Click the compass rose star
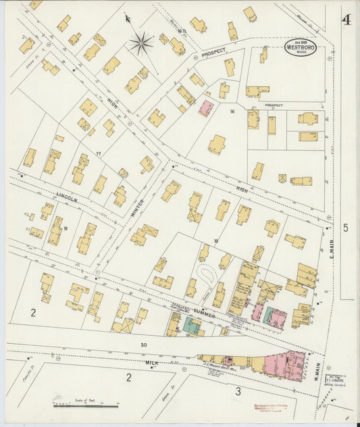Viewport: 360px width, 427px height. click(141, 44)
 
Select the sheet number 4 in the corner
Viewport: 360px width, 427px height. click(346, 20)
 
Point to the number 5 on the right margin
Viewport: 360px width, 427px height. click(345, 228)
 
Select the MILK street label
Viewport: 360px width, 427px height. click(152, 363)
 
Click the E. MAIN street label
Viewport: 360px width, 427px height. click(332, 255)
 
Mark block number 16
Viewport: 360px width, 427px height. click(232, 111)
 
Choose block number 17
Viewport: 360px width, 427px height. click(98, 154)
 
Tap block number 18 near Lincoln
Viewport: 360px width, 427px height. click(66, 228)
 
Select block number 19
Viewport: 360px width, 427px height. click(216, 241)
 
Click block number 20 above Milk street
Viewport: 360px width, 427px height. click(143, 345)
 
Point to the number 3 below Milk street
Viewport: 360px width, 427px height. click(238, 391)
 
